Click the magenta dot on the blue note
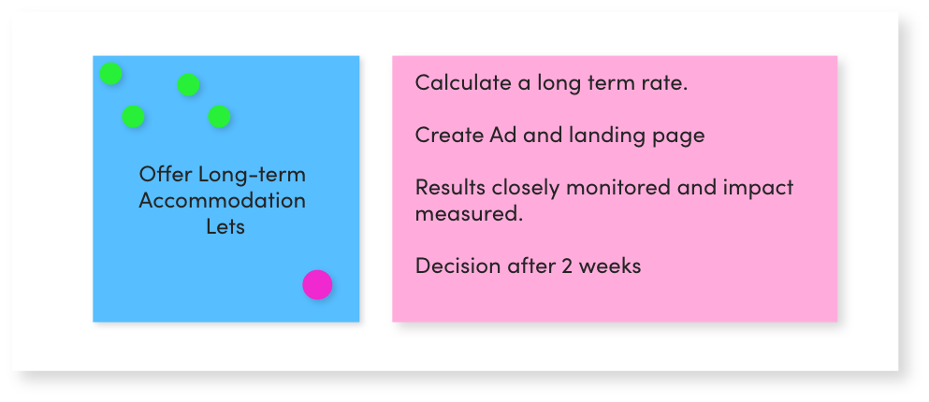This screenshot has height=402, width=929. (x=317, y=284)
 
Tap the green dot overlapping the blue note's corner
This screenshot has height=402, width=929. (x=110, y=73)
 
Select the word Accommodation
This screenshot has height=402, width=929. (x=222, y=200)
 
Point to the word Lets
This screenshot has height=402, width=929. (x=225, y=226)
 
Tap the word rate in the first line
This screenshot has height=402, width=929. (x=665, y=82)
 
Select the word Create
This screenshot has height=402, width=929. (x=447, y=135)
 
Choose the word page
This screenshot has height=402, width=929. (x=678, y=136)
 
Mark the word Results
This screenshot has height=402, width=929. (x=450, y=187)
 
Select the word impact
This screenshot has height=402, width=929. (x=762, y=188)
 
